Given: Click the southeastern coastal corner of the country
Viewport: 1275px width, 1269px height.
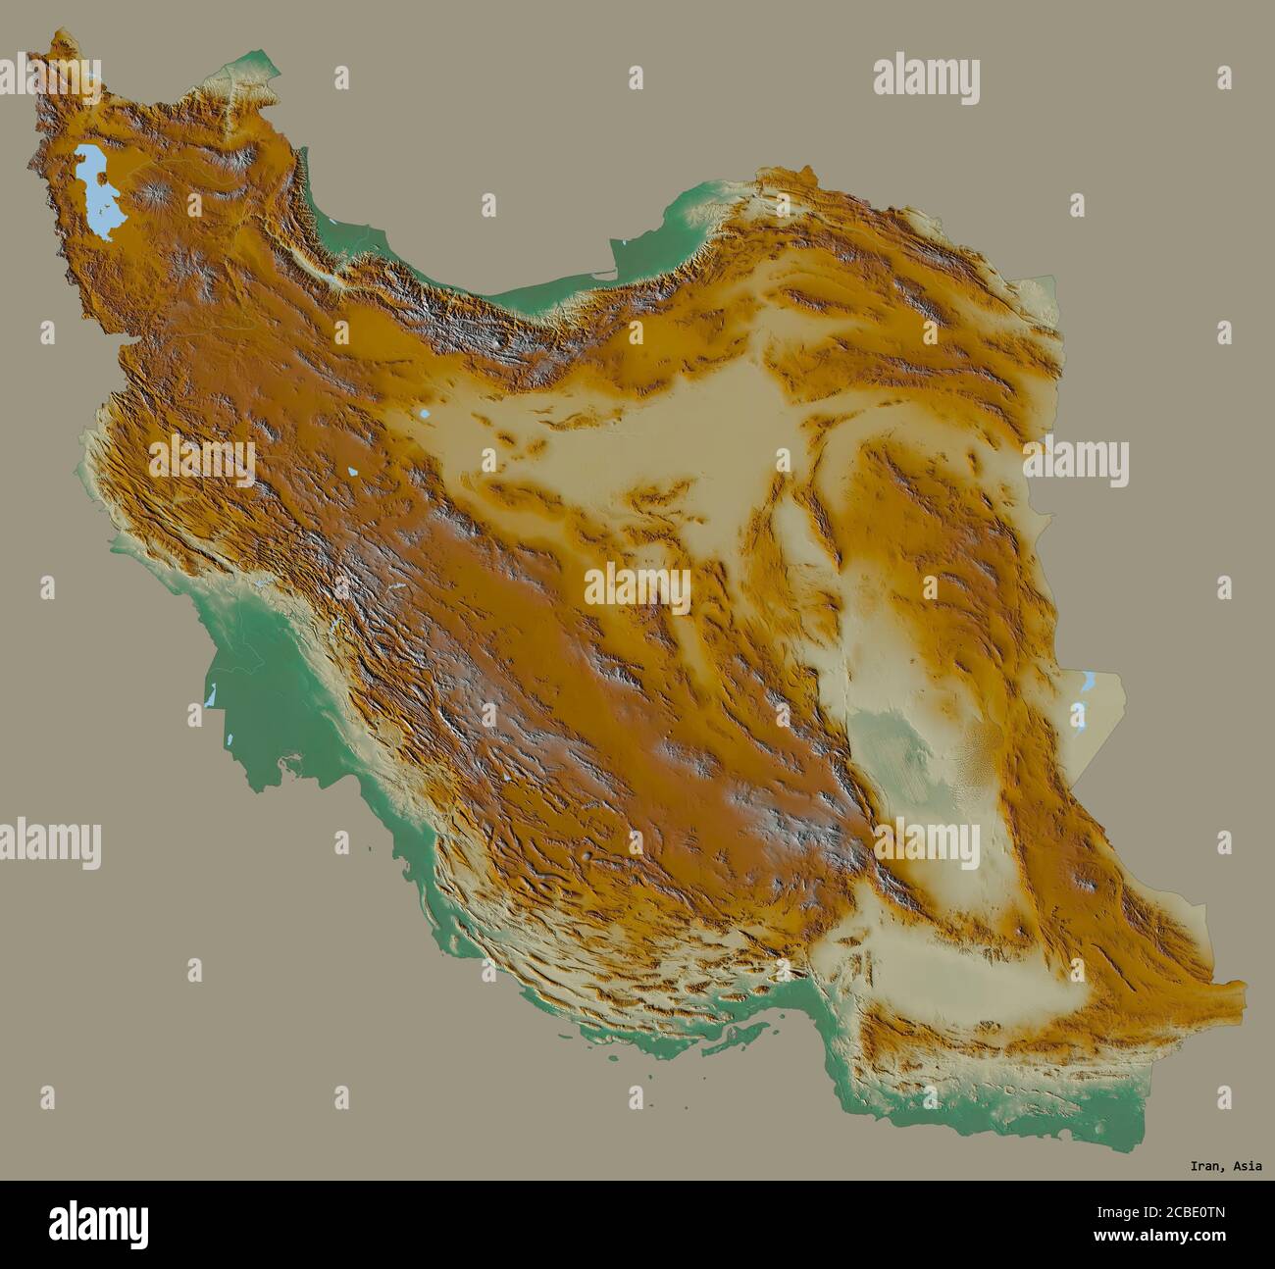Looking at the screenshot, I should pyautogui.click(x=1138, y=1147).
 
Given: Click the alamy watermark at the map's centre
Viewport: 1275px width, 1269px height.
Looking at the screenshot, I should pyautogui.click(x=637, y=586).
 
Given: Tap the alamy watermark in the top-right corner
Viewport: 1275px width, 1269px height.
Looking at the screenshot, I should pyautogui.click(x=926, y=80).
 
